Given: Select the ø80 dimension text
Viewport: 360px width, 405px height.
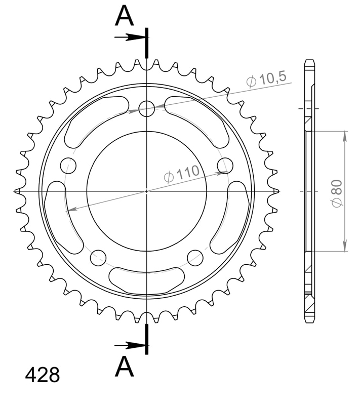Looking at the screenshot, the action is [337, 193].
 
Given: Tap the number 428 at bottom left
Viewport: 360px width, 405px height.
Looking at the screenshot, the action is [43, 375].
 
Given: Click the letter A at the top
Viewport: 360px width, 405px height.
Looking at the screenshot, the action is [124, 16].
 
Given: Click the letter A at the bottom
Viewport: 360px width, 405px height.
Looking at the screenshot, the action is [124, 366].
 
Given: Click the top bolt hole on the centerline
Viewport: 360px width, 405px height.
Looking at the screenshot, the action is [147, 109].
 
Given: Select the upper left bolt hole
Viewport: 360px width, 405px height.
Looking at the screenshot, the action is [68, 166].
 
